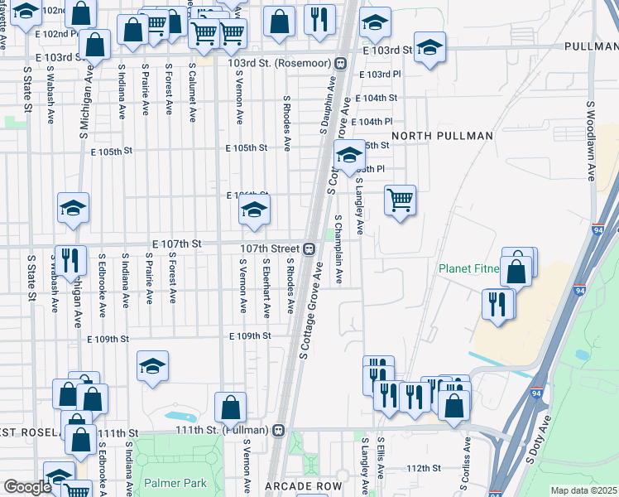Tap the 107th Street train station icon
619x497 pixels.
[x=308, y=248]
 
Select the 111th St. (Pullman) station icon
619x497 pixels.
[x=279, y=431]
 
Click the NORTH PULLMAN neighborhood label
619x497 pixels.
[x=424, y=135]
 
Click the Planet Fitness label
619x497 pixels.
[x=469, y=268]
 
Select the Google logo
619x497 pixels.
[x=26, y=487]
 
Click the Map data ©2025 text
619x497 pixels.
[x=583, y=490]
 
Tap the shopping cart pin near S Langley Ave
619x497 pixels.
[x=400, y=200]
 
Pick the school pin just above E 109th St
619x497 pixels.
[x=152, y=365]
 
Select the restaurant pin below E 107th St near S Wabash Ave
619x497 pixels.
[x=70, y=260]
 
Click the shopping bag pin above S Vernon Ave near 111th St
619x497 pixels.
[x=230, y=408]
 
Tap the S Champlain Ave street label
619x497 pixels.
[x=338, y=249]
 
